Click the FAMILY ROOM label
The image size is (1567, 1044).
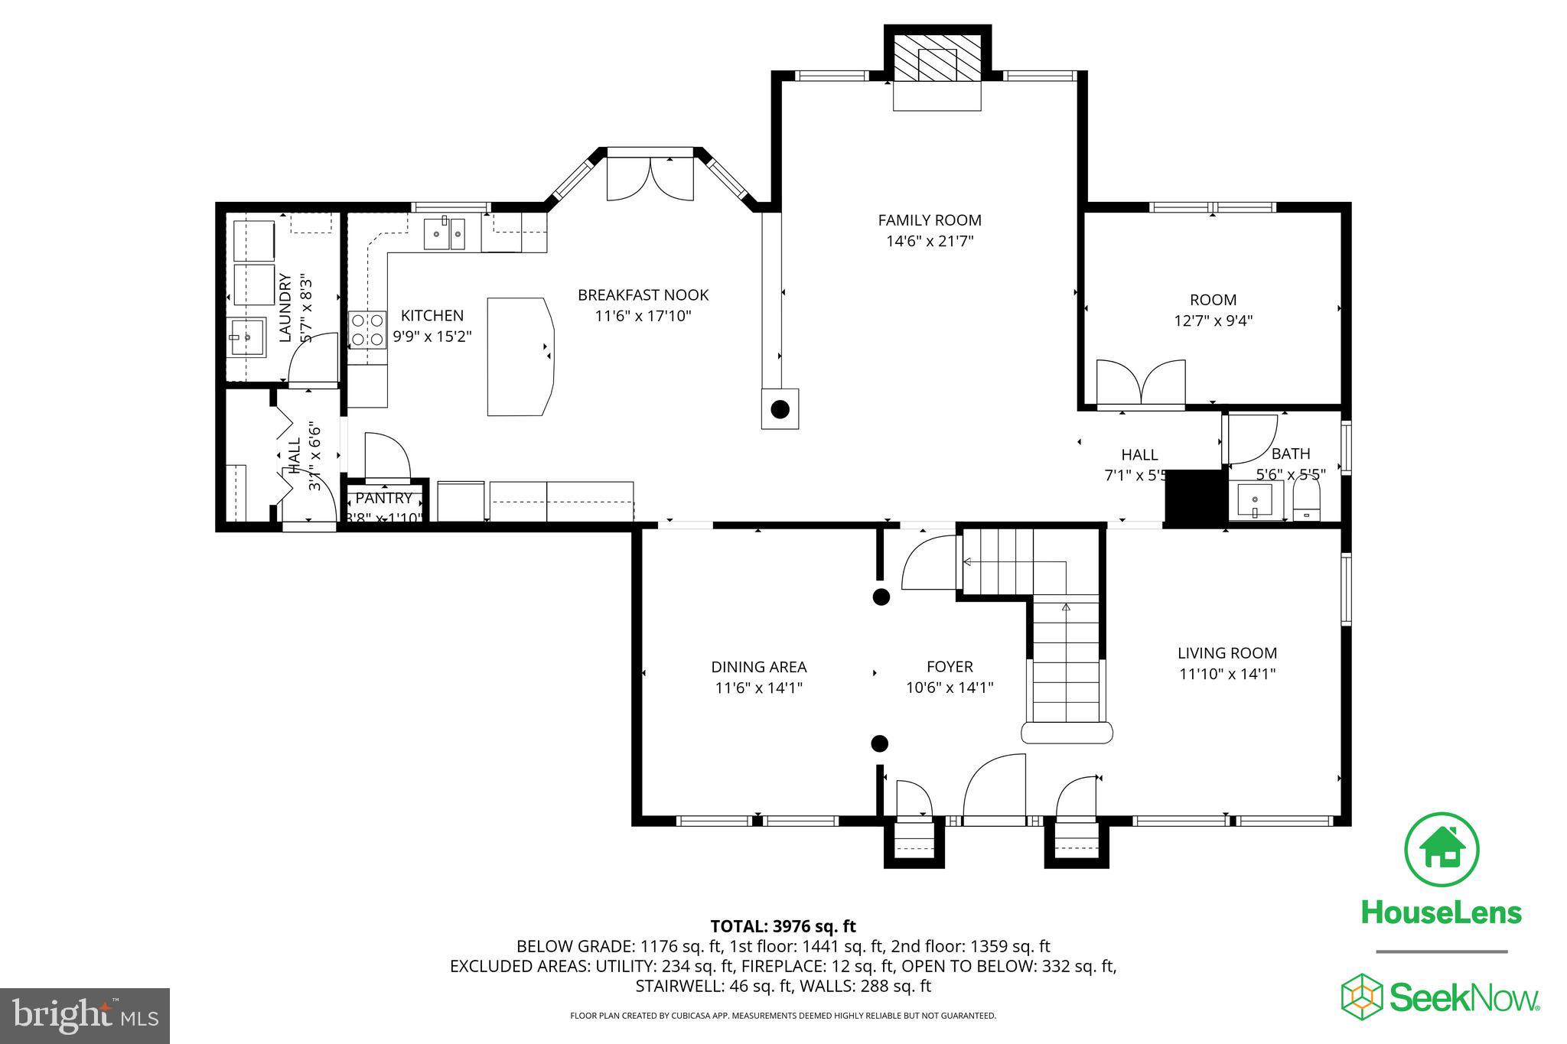(929, 220)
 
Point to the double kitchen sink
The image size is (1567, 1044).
(445, 233)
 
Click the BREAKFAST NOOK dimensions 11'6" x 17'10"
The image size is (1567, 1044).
(643, 315)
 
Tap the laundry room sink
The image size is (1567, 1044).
(248, 337)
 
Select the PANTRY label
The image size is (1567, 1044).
(383, 498)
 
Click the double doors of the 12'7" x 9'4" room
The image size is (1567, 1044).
(1141, 383)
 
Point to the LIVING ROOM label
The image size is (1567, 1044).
(1227, 653)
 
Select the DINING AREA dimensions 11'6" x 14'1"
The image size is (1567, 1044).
(758, 688)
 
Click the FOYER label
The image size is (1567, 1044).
(950, 667)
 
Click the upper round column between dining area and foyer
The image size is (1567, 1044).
(881, 597)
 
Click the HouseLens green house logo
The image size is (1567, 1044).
(1442, 850)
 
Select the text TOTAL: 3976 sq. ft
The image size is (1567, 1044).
(783, 926)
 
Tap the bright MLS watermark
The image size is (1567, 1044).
(85, 1016)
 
